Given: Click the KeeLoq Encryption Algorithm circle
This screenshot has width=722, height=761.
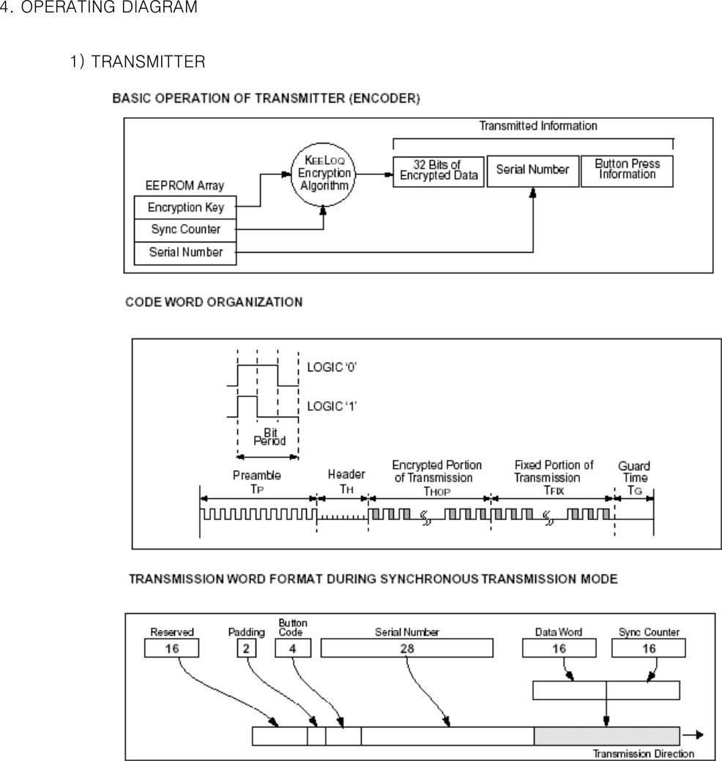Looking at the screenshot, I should pyautogui.click(x=324, y=174).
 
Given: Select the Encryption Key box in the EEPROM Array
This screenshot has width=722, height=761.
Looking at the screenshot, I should pyautogui.click(x=186, y=207).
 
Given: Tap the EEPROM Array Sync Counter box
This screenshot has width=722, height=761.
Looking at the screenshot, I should pyautogui.click(x=186, y=229).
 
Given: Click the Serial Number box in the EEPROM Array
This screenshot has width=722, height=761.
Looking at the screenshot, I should pyautogui.click(x=186, y=253).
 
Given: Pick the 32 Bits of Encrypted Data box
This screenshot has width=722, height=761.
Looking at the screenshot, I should pyautogui.click(x=439, y=171).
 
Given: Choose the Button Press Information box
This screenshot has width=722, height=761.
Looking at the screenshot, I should pyautogui.click(x=627, y=170).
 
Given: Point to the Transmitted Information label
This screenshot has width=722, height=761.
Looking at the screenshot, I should pyautogui.click(x=537, y=126).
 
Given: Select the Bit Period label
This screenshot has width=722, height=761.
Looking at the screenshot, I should pyautogui.click(x=269, y=437).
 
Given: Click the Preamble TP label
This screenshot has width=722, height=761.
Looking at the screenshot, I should pyautogui.click(x=256, y=480).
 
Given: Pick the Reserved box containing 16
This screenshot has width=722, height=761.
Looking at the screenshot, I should pyautogui.click(x=171, y=648).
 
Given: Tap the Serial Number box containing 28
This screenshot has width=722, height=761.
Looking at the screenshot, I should pyautogui.click(x=406, y=648).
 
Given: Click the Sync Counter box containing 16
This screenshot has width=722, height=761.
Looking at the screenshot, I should pyautogui.click(x=649, y=648).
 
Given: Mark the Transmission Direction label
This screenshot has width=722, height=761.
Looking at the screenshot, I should pyautogui.click(x=643, y=754).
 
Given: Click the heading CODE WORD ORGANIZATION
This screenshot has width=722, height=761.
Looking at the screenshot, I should pyautogui.click(x=214, y=302).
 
